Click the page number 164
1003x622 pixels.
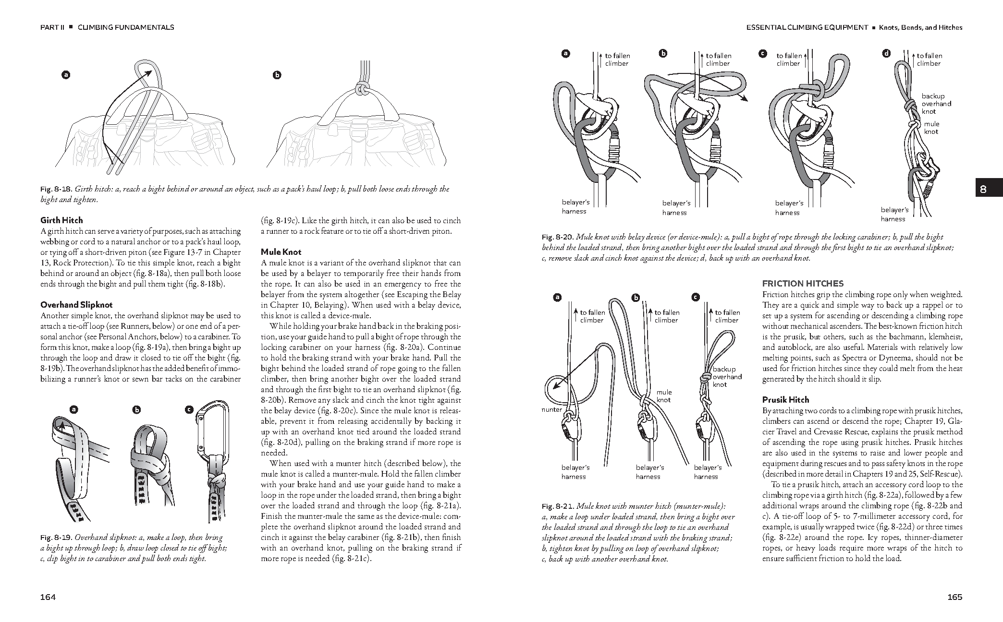tap(48, 597)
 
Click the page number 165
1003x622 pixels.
tap(954, 597)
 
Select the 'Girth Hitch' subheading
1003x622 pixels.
tap(61, 220)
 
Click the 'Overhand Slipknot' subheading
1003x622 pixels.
tap(76, 305)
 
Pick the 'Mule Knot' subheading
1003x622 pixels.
tap(281, 252)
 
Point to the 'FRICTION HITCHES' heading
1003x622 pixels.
tap(795, 284)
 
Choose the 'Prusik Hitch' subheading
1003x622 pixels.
tap(785, 400)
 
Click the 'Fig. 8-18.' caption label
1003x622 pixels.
tap(56, 190)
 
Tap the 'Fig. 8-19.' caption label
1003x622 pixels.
tap(56, 538)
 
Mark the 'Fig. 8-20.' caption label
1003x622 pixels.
tap(557, 237)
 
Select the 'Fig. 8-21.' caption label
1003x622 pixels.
tap(557, 506)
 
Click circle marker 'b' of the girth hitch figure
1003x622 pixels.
tap(277, 75)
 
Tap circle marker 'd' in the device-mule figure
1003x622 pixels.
tap(886, 54)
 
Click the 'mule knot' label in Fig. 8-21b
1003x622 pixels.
tap(664, 396)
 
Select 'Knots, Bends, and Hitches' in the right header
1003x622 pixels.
tap(920, 27)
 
